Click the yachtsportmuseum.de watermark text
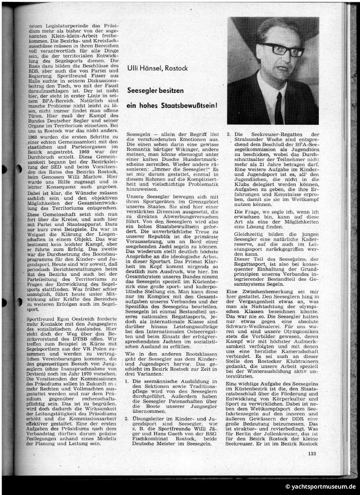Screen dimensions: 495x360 320,487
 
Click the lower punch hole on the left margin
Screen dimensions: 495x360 18,302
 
